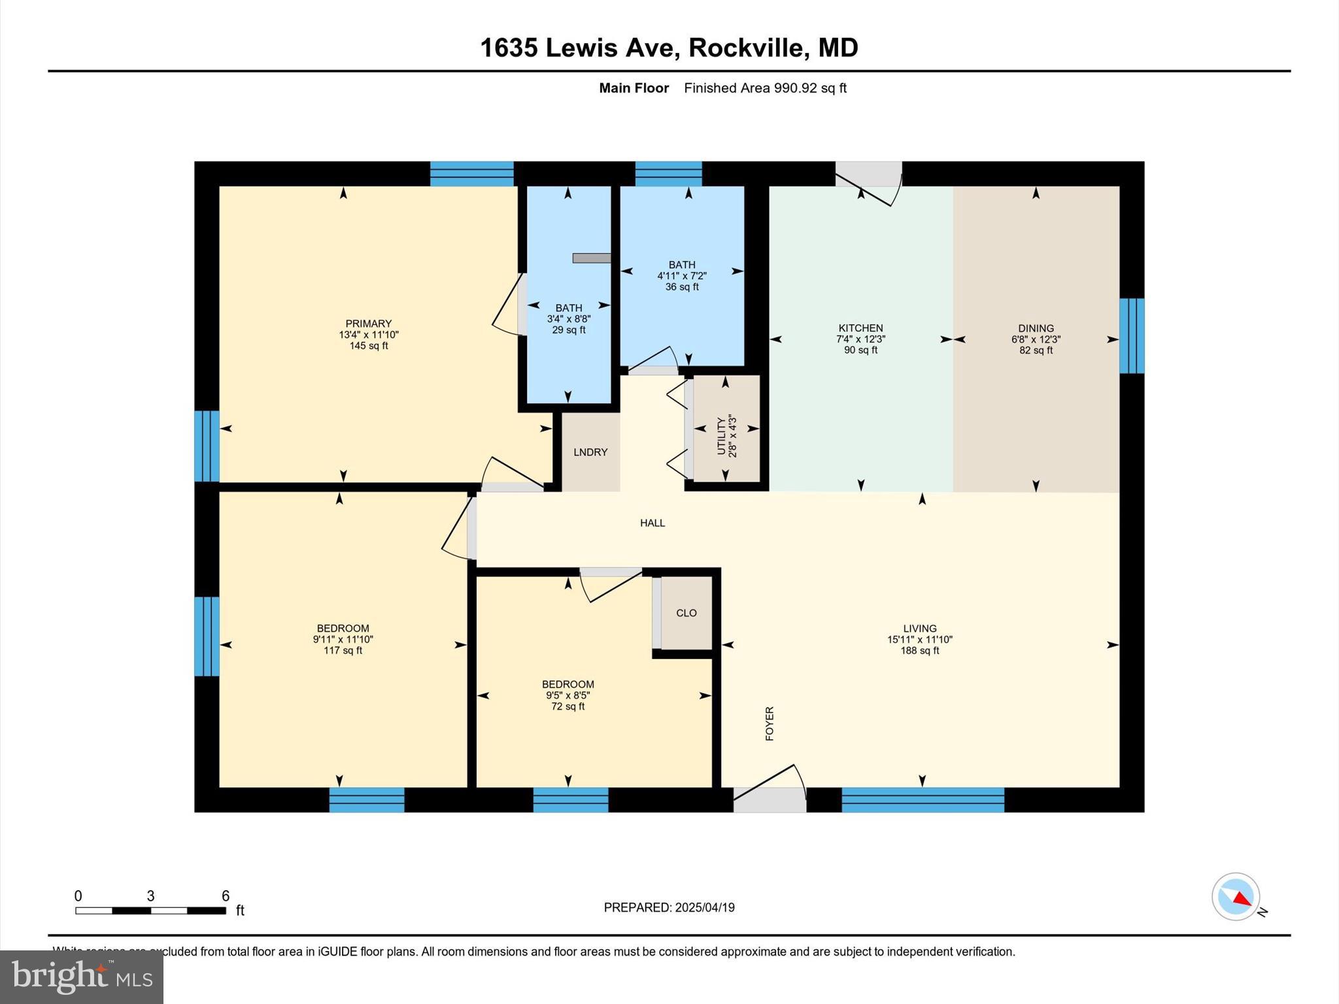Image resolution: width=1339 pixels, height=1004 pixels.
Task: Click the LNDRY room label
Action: (590, 452)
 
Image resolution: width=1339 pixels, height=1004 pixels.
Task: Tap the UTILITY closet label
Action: (722, 435)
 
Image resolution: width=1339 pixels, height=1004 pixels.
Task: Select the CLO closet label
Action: (686, 613)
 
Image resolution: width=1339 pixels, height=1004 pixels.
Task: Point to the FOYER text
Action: (770, 723)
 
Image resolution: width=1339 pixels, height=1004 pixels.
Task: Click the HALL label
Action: (652, 523)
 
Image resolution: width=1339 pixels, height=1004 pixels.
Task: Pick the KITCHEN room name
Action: (860, 328)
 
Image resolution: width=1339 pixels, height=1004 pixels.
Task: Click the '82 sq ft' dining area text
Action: (1036, 350)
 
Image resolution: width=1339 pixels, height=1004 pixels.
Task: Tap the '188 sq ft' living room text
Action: (919, 651)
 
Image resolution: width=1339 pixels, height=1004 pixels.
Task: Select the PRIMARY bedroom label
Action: (368, 324)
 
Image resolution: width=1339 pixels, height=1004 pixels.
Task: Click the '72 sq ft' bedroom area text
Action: (568, 707)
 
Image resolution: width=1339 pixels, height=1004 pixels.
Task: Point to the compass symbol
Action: (1236, 897)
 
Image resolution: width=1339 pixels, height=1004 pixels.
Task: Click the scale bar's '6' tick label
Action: (226, 896)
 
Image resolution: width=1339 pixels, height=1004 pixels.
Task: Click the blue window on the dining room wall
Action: (1132, 335)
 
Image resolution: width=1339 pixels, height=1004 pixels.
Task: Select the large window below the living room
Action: (922, 799)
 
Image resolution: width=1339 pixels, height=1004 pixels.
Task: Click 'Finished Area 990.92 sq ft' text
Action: (765, 88)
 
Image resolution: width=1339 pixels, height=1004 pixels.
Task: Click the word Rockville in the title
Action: (745, 48)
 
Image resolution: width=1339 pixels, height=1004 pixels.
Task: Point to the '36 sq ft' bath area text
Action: (681, 287)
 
